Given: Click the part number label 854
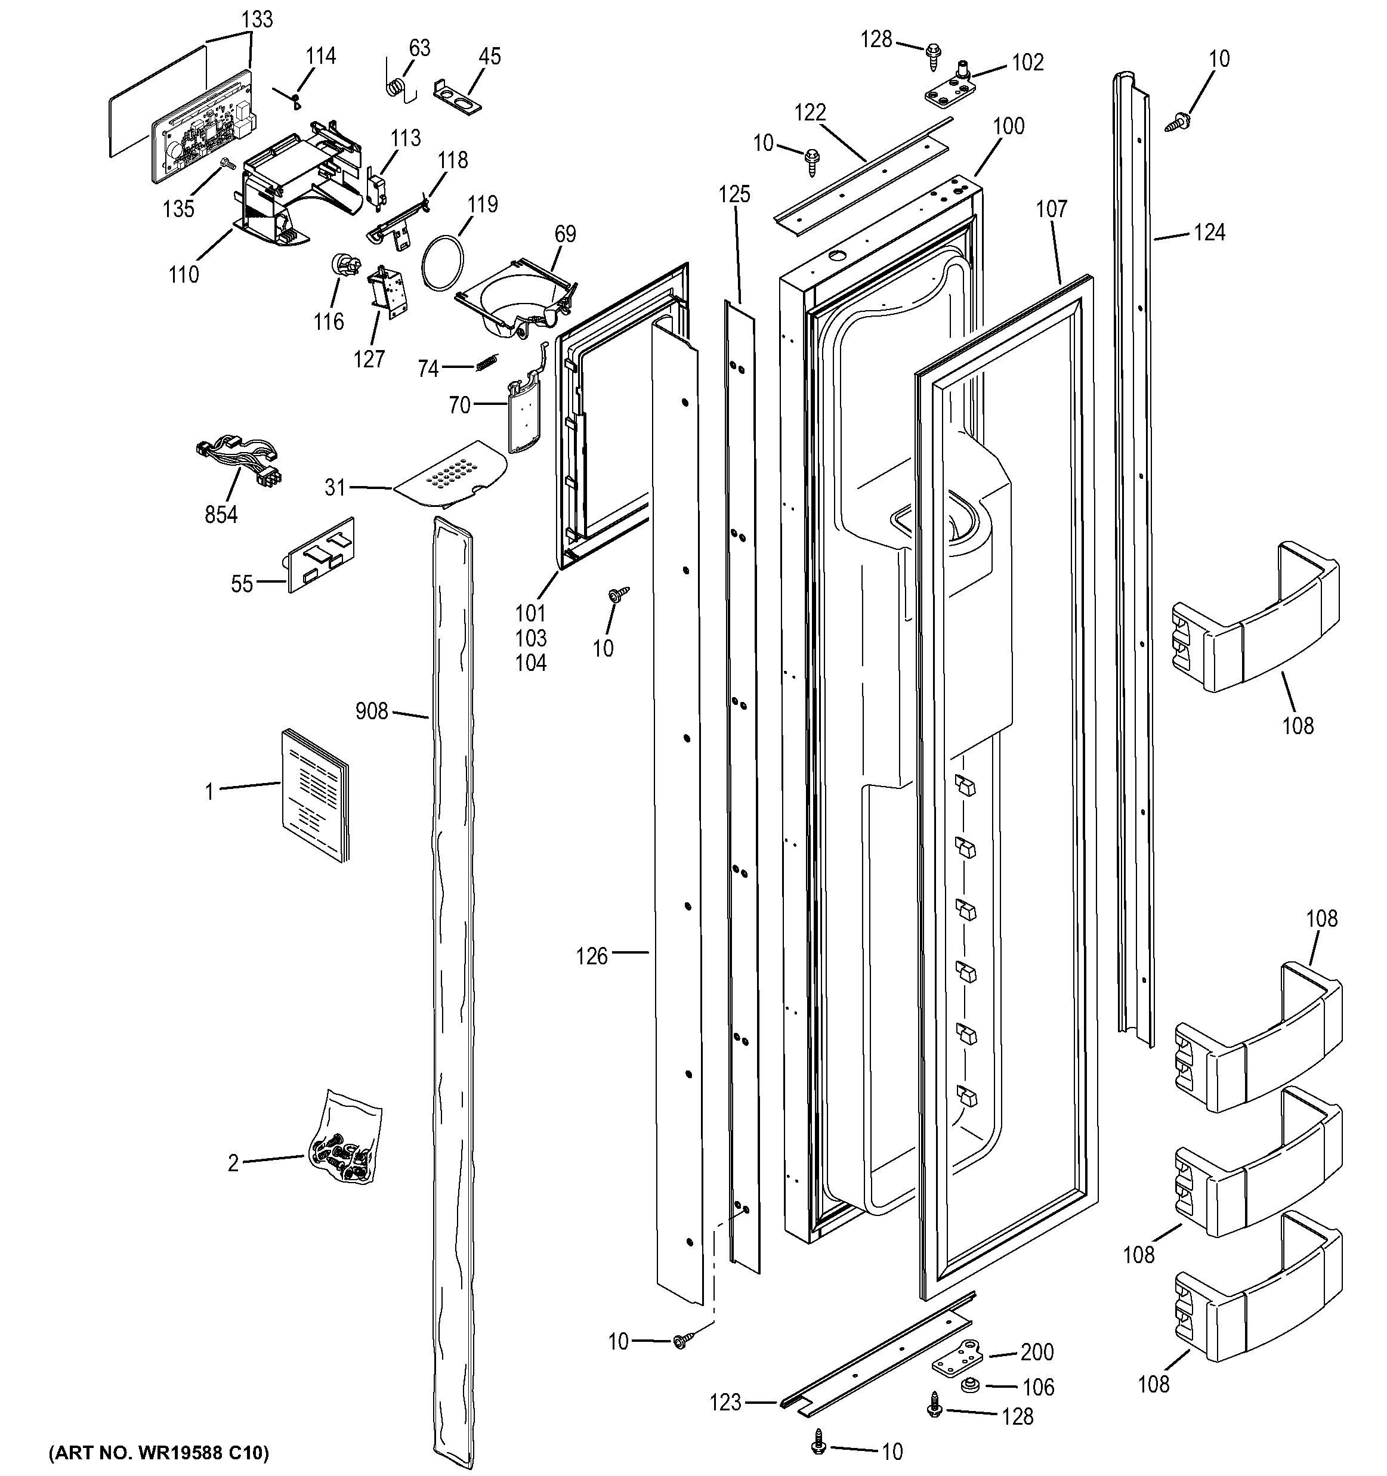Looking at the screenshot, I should coord(221,514).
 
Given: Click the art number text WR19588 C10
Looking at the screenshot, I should coord(158,1452).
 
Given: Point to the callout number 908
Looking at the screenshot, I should coord(371,712).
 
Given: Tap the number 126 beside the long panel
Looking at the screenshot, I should coord(592,957).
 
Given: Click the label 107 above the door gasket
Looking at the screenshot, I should coord(1051,209).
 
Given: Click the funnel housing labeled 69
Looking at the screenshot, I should coord(516,298).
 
